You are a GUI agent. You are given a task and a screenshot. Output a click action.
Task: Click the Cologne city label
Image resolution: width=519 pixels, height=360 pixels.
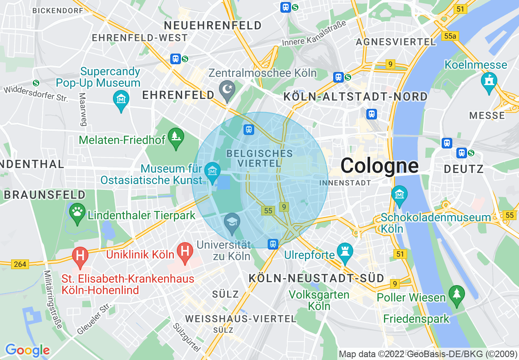point(379,166)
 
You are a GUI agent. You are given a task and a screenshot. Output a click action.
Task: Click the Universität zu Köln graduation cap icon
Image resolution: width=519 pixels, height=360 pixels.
point(232,223)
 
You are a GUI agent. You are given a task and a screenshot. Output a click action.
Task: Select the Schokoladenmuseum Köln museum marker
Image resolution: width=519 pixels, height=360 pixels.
point(399,195)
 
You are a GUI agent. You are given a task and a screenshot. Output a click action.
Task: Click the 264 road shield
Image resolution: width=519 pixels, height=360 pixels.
point(20,264)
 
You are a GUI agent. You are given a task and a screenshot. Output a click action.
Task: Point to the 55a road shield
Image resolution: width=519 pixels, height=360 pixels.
point(449,36)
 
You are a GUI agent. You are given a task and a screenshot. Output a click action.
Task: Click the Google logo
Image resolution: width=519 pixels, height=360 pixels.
point(27,350)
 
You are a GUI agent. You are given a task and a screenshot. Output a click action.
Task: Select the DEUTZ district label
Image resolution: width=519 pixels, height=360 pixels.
point(464,169)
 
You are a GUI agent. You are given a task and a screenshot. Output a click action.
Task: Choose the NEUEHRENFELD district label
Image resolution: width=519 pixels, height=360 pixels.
point(212,25)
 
